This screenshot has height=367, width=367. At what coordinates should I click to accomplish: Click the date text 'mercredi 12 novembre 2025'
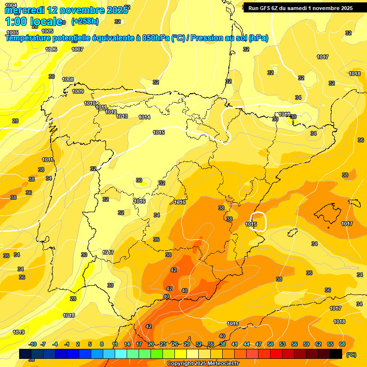click(66, 10)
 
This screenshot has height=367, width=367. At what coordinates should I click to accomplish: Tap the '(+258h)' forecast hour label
click(85, 21)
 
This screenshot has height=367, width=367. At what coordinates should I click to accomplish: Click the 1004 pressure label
click(11, 5)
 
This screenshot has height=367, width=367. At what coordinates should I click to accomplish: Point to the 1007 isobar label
click(77, 49)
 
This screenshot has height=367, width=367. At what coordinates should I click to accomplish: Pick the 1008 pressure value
click(68, 79)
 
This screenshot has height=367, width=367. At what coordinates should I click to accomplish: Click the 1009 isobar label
click(78, 91)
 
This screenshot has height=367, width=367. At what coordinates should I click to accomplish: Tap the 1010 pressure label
click(90, 103)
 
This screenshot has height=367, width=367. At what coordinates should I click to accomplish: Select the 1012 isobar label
click(111, 112)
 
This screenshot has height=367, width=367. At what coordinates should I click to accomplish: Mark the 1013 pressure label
click(122, 116)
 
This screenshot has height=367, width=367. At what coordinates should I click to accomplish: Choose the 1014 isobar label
click(144, 117)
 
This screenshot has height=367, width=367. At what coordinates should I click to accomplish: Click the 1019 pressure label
click(19, 332)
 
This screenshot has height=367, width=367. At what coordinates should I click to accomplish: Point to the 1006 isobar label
click(51, 49)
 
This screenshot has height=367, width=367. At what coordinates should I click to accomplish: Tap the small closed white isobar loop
click(259, 222)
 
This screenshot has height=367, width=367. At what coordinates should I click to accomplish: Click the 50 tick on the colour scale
click(270, 344)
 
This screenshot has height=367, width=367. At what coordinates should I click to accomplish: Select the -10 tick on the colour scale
click(32, 344)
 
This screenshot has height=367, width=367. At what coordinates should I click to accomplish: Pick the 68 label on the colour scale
click(342, 344)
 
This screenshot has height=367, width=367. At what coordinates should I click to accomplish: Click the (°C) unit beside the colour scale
click(351, 355)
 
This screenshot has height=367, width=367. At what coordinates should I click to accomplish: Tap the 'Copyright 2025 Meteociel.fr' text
click(203, 363)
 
